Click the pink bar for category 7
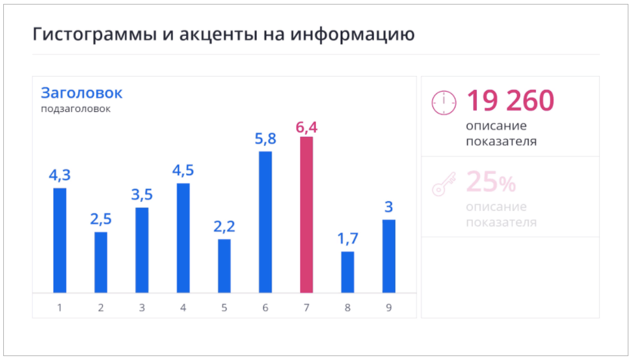coord(306,215)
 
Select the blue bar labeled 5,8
coord(265,222)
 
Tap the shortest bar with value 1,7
coord(348,272)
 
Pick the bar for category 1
coord(60,240)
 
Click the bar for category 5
coord(224,266)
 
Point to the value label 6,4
coord(306,127)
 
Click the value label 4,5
coord(183,171)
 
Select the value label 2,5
coord(101,219)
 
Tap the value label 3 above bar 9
coord(388,208)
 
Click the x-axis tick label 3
coord(142,307)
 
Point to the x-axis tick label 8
coord(348,307)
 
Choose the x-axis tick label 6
coord(265,307)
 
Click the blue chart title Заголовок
coord(81,93)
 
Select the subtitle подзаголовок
coord(75,109)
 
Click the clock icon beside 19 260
coord(444,103)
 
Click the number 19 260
coord(510,101)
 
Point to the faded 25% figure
coord(490,183)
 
